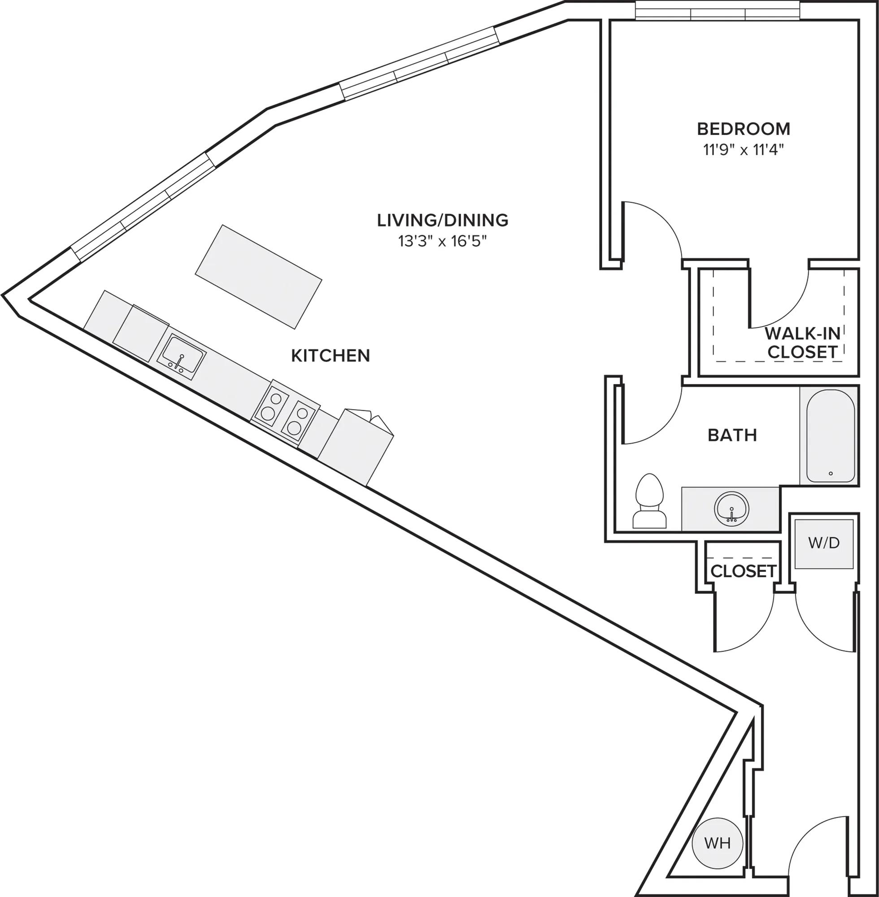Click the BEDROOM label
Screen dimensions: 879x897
click(x=743, y=129)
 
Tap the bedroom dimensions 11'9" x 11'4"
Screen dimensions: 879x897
click(x=744, y=151)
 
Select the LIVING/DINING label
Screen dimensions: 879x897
click(x=443, y=220)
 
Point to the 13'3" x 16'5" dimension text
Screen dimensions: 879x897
click(x=443, y=242)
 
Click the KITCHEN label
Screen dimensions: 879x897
click(x=331, y=356)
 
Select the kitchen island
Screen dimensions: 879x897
click(x=258, y=277)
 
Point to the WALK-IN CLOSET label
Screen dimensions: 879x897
click(x=802, y=343)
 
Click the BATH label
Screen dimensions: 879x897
click(x=732, y=435)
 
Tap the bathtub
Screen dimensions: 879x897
click(x=830, y=435)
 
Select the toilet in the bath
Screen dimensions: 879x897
click(x=649, y=501)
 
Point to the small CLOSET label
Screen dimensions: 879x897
click(x=743, y=571)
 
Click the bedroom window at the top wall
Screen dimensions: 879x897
click(x=718, y=11)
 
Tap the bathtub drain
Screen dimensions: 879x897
click(x=831, y=473)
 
